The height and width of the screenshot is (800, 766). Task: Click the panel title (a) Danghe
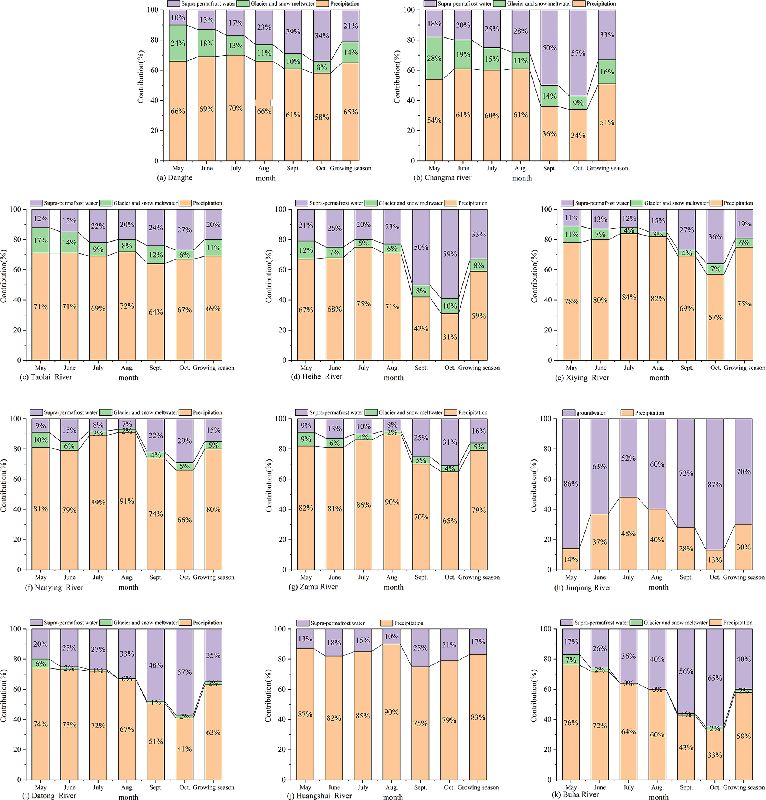[x=174, y=177]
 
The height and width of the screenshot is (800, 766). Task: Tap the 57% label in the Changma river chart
[x=578, y=53]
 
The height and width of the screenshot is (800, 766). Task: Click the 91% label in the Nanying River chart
[x=127, y=501]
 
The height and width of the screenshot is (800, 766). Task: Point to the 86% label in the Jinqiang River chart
[x=571, y=484]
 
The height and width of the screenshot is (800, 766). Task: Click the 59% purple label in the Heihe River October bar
[x=450, y=254]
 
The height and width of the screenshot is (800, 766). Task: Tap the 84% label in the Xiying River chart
[x=629, y=297]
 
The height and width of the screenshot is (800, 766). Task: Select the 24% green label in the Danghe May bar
[x=178, y=43]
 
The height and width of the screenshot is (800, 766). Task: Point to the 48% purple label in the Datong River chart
[x=156, y=665]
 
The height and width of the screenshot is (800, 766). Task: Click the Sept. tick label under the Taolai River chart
[x=156, y=368]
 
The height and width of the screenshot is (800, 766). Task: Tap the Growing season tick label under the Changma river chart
[x=607, y=168]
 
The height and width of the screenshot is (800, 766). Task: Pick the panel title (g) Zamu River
[x=314, y=587]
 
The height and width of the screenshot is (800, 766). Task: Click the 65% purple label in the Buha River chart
[x=715, y=678]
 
